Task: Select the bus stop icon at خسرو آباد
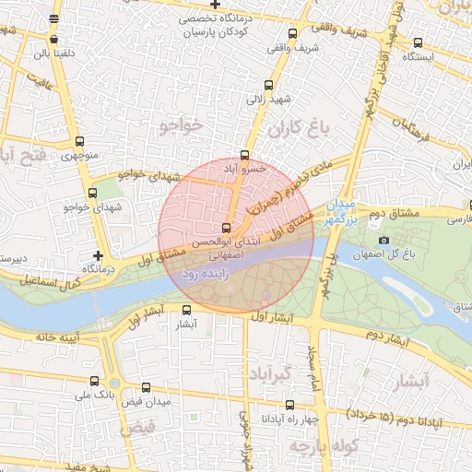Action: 244,155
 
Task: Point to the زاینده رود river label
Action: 200,274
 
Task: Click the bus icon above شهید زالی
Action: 269,82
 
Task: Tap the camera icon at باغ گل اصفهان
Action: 384,241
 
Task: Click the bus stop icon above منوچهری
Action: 79,143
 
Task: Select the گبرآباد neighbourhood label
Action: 268,373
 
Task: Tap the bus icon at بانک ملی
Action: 94,380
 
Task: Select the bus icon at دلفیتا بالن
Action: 53,40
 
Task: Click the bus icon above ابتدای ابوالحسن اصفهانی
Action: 227,228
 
